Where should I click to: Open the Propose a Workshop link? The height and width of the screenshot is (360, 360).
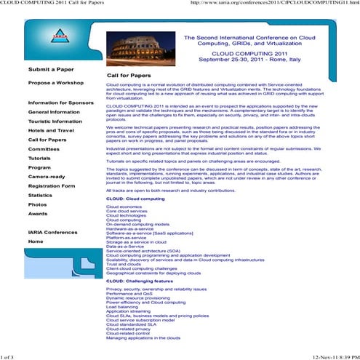coord(55,83)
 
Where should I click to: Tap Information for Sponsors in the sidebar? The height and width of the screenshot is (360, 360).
coord(62,103)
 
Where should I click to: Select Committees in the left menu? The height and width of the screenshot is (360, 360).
coord(44,149)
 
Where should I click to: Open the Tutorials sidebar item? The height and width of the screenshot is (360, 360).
coord(39,158)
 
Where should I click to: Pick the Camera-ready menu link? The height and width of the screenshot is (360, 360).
coord(46,177)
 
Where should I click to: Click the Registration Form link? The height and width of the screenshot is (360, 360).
coord(52,186)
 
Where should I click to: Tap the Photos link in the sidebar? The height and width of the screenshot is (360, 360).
coord(37,205)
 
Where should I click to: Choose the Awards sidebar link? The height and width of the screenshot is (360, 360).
coord(38,215)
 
